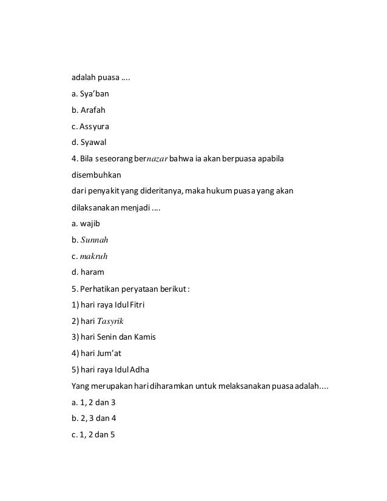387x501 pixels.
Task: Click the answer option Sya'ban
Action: pos(95,95)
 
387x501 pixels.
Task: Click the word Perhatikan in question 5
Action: pos(102,288)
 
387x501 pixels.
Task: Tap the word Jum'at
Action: pos(111,352)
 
